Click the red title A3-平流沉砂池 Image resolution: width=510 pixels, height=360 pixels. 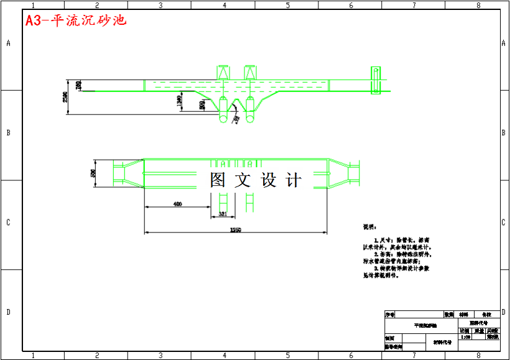pos(76,20)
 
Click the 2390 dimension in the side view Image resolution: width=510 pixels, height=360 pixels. pos(65,98)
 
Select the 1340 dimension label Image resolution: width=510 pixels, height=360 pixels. pos(180,100)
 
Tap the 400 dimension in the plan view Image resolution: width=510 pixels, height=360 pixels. pos(177,203)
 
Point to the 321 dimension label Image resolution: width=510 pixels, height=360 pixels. pos(223,215)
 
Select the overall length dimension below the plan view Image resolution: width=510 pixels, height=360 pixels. pos(236,229)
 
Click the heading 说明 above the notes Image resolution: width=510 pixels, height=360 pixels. pos(369,227)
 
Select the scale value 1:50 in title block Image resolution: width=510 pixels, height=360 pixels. pos(465,337)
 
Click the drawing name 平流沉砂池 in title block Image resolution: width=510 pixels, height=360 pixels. pos(425,325)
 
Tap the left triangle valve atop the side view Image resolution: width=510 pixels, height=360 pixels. pos(223,72)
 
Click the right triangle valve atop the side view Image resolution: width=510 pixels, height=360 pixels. pos(250,72)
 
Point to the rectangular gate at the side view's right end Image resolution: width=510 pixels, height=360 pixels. pos(375,80)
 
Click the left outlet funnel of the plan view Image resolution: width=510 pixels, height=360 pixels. pos(127,173)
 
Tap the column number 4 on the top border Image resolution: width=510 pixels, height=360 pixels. pos(224,5)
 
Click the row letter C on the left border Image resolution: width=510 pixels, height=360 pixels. pos(8,223)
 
